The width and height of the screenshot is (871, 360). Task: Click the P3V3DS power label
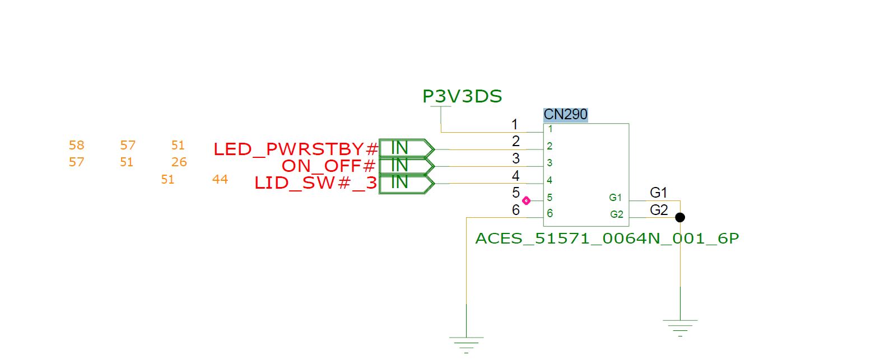[462, 97]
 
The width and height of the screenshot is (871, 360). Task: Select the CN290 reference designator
[566, 115]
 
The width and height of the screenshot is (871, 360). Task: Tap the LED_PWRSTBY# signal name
[296, 149]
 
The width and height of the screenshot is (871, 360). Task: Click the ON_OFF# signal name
[329, 166]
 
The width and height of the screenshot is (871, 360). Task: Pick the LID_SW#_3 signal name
[316, 184]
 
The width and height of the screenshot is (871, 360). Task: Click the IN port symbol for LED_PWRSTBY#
[406, 148]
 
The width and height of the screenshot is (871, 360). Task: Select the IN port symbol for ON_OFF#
[406, 166]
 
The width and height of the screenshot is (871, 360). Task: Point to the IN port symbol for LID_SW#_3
[406, 183]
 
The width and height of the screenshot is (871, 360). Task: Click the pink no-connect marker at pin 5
[526, 200]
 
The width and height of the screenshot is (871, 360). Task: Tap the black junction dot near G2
[680, 217]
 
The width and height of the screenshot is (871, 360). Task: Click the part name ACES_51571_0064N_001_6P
[607, 239]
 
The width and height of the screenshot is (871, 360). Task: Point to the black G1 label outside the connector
[659, 193]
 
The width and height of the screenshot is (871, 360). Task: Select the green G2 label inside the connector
[616, 214]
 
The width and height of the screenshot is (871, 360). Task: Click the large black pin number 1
[515, 124]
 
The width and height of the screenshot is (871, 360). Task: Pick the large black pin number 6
[516, 211]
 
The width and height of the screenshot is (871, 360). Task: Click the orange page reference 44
[220, 180]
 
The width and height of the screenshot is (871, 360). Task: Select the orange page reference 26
[179, 162]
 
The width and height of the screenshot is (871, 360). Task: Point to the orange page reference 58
[76, 146]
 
